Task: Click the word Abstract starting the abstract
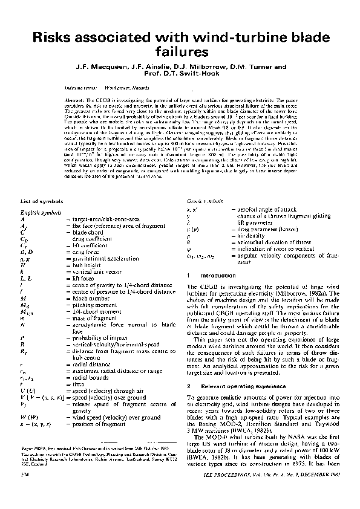[x=73, y=98]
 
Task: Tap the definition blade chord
[x=87, y=232]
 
